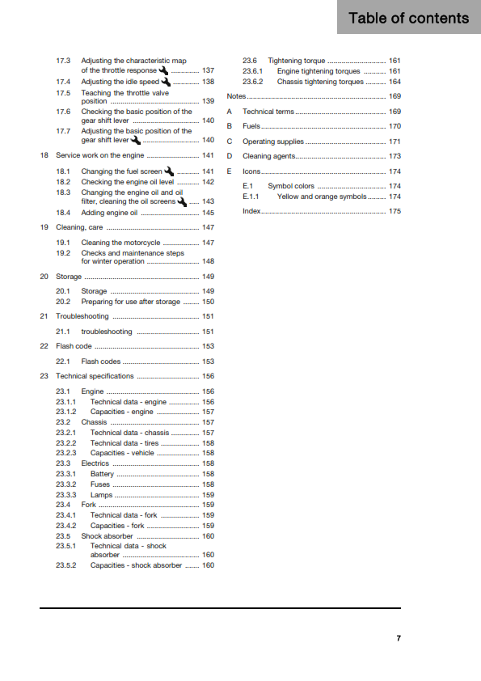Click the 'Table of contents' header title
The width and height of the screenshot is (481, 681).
tap(408, 18)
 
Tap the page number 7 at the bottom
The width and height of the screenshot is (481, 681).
tap(399, 638)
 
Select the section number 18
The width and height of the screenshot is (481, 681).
tap(44, 154)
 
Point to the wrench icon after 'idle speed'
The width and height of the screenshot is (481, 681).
tap(167, 82)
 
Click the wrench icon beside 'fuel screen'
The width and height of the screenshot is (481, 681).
tap(169, 171)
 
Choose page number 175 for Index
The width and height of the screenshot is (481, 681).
tap(395, 211)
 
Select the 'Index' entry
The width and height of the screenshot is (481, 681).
tap(251, 211)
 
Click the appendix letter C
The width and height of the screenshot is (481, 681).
tap(230, 142)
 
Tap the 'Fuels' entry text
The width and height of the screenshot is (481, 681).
tap(251, 126)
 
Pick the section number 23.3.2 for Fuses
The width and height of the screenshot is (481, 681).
tap(66, 484)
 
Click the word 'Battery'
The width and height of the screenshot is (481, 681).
tap(102, 474)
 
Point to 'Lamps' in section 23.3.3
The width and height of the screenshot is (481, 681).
tap(101, 495)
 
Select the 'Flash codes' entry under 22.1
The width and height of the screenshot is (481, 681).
tap(101, 362)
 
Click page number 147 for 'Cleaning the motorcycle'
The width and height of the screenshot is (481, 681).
tap(208, 243)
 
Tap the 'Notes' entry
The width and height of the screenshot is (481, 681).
tap(236, 96)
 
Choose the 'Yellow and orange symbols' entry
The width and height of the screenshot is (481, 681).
tap(321, 197)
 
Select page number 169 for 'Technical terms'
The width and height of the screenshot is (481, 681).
tap(395, 112)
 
